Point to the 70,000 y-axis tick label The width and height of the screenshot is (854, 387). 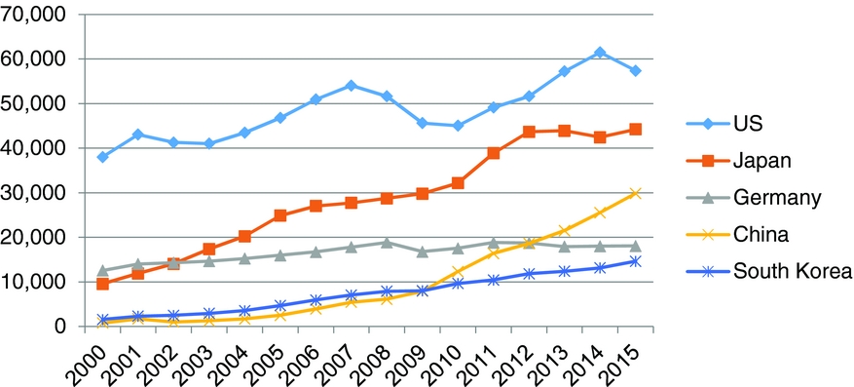tap(34, 15)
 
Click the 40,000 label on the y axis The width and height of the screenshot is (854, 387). tap(34, 148)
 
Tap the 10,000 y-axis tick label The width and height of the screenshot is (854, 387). tap(34, 282)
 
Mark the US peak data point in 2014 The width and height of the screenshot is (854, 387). tap(600, 53)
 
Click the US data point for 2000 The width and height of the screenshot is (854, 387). tap(102, 157)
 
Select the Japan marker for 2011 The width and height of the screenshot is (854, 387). tap(494, 153)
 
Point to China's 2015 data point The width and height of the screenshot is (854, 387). tap(635, 193)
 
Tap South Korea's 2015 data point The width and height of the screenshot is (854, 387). tap(635, 261)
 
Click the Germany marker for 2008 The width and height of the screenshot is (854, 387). tap(387, 242)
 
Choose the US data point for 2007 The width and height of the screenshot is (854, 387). tap(351, 86)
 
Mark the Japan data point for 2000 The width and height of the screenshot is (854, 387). tap(102, 284)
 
